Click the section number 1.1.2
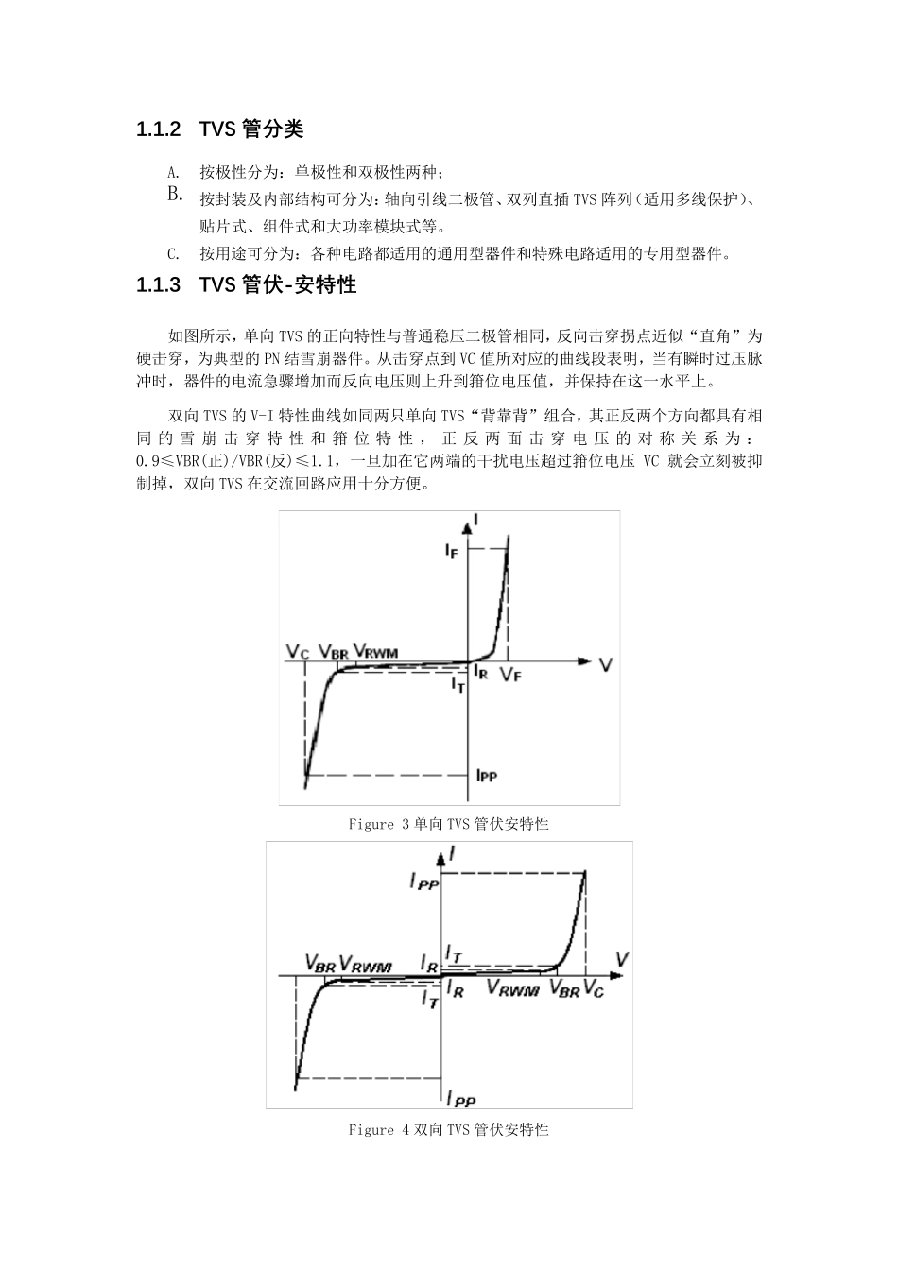159,130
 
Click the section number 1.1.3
159,285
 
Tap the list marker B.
175,195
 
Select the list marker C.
173,253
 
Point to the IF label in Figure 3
452,552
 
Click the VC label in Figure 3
298,652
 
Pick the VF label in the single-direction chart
510,675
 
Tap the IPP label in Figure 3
486,776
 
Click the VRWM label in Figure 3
375,652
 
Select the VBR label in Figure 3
333,652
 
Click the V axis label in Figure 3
605,665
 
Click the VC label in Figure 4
594,989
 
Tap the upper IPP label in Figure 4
423,882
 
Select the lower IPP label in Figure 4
461,1098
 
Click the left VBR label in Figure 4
319,963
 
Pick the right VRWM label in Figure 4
512,989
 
